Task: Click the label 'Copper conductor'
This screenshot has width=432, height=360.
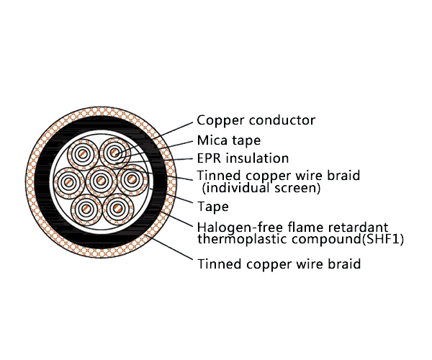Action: pos(256,120)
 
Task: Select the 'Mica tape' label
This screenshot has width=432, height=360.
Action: pos(229,140)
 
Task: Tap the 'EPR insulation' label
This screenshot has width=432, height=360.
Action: pos(243,158)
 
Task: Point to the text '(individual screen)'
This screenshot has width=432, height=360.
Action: pos(261,188)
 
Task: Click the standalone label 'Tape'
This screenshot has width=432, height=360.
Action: pos(212,207)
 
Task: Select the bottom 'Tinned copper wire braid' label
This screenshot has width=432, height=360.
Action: pos(279,264)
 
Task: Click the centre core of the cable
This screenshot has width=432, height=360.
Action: pos(101,181)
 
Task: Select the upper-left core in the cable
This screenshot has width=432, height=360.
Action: pos(83,154)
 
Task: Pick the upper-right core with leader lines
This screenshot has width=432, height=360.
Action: pos(114,153)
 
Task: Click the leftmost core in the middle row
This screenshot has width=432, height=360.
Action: pos(68,182)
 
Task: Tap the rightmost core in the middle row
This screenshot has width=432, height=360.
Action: pos(132,179)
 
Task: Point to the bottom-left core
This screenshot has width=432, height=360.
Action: pos(87,210)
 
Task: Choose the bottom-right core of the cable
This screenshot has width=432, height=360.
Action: pos(118,208)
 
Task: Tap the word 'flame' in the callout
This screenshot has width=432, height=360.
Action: pos(305,228)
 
